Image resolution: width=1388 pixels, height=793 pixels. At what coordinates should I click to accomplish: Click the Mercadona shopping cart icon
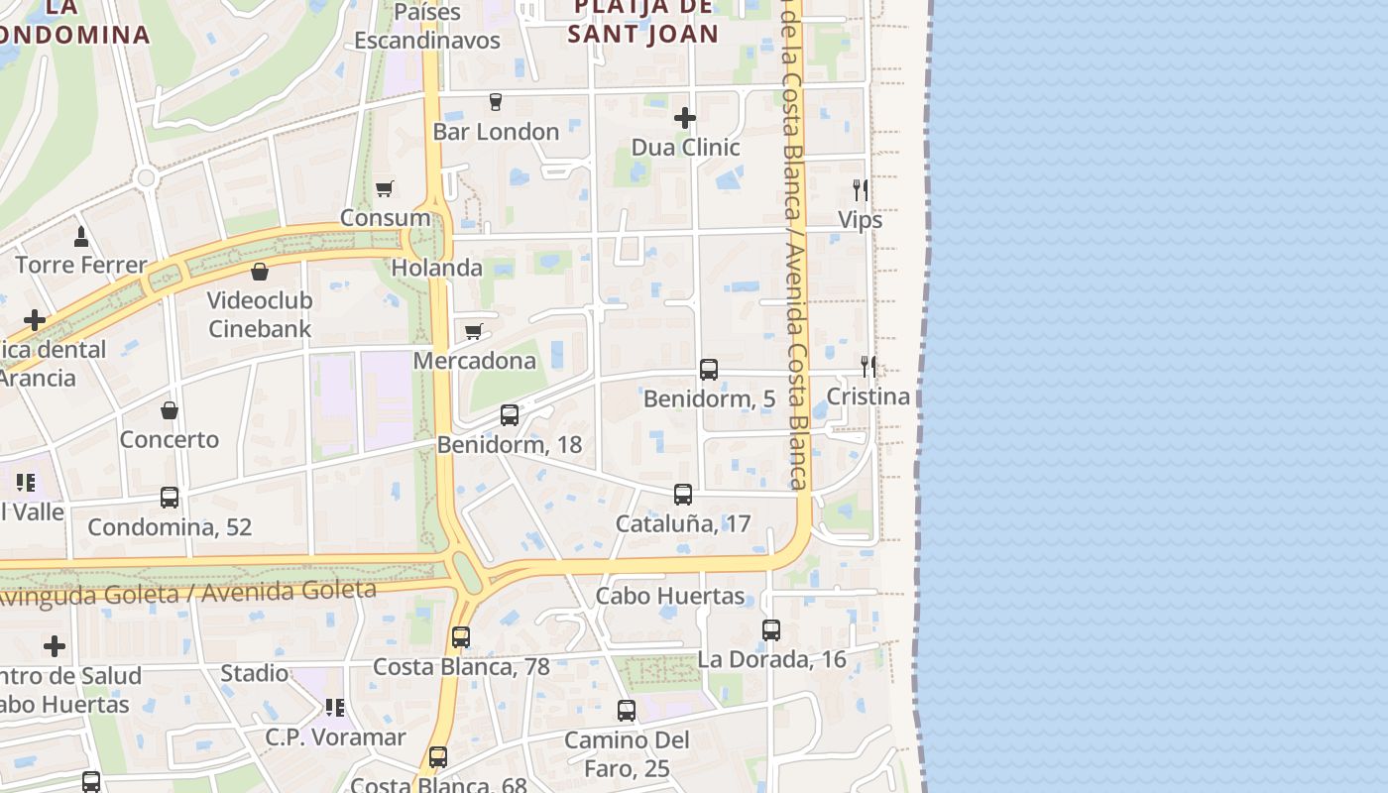[474, 331]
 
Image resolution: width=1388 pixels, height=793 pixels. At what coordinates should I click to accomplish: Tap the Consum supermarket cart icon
[384, 188]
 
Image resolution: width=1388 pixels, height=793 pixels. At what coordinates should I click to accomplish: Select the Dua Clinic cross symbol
[684, 118]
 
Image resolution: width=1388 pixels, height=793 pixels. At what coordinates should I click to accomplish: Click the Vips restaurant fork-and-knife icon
[861, 190]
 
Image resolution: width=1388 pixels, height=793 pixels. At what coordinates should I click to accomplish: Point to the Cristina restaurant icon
[868, 367]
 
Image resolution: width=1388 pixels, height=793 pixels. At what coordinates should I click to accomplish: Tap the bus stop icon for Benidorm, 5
[709, 370]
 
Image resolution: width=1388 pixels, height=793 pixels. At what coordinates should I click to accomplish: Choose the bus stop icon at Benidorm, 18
[510, 415]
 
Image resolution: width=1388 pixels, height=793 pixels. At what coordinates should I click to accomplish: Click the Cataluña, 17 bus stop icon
[683, 495]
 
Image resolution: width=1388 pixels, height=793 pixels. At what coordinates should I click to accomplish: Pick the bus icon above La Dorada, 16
[771, 630]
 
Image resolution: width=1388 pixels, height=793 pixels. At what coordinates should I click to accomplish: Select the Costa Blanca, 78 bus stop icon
[461, 637]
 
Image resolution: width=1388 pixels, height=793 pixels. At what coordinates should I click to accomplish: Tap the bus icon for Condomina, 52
[170, 498]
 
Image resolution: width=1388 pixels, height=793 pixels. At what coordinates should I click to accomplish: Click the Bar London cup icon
[496, 102]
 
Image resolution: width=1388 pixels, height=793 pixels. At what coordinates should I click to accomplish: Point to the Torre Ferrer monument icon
[81, 236]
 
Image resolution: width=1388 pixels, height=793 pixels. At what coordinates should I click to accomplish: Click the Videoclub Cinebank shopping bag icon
[260, 271]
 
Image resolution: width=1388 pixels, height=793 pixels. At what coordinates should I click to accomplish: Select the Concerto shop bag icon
[170, 410]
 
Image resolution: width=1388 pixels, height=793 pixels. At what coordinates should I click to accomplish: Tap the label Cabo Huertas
[670, 596]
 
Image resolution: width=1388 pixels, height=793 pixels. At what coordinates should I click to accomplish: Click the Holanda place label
[437, 268]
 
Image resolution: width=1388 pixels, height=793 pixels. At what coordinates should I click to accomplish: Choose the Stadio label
[255, 673]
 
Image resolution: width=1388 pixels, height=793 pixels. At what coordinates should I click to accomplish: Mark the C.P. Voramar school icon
[335, 708]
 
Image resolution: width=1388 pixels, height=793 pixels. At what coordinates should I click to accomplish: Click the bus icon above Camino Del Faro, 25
[627, 711]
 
